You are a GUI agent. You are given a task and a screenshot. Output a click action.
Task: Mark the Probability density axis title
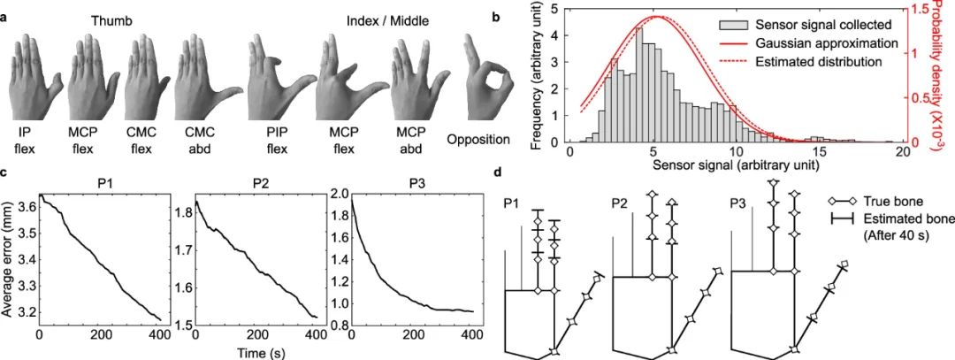[x=943, y=75]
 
